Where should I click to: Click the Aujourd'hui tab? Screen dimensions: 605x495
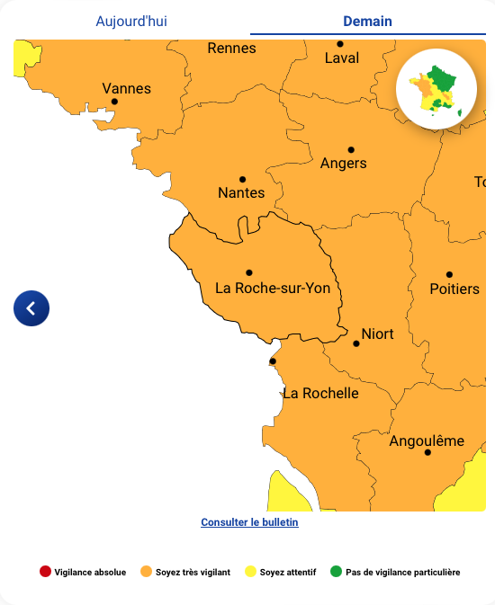click(x=131, y=22)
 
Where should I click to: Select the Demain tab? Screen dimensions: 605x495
click(x=367, y=22)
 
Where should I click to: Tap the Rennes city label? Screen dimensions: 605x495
click(x=231, y=49)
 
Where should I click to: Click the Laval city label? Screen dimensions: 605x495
click(x=341, y=58)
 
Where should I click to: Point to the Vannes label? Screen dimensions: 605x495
click(x=126, y=88)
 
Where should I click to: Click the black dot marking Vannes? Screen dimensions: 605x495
click(x=114, y=102)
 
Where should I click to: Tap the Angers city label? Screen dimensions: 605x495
click(x=343, y=164)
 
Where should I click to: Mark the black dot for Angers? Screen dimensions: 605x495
click(x=351, y=150)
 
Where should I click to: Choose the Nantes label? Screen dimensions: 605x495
click(x=241, y=193)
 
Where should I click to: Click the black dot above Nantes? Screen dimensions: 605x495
click(x=242, y=180)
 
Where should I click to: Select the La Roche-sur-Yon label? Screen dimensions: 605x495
click(x=273, y=289)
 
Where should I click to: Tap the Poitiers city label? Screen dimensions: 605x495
click(x=454, y=289)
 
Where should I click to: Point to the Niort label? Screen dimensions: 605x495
click(x=377, y=334)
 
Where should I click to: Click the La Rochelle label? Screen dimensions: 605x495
click(x=320, y=394)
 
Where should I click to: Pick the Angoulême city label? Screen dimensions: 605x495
click(x=427, y=441)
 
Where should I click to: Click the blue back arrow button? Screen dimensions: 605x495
click(x=31, y=308)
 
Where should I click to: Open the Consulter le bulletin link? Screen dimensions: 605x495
click(x=249, y=522)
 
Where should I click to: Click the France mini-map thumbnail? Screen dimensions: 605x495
click(x=436, y=90)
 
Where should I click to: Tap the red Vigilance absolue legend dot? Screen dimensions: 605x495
click(x=45, y=572)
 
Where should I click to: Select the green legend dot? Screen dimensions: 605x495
click(x=337, y=572)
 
